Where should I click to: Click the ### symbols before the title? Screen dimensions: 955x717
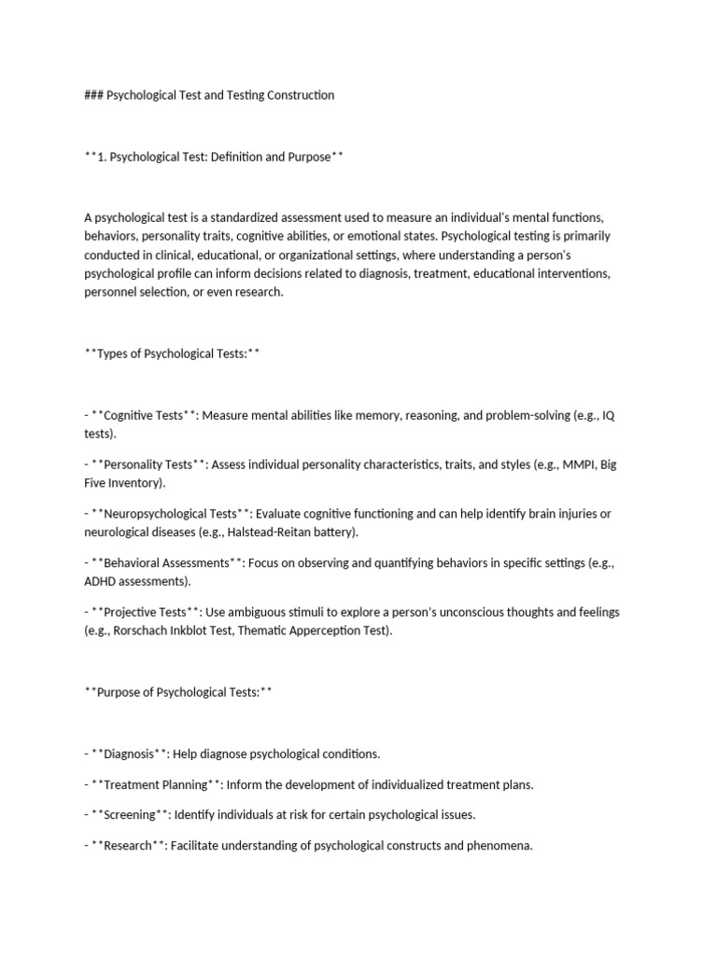[x=93, y=95]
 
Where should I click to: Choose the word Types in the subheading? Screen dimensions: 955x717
[x=112, y=354]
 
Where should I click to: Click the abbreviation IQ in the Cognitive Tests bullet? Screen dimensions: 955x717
[x=608, y=415]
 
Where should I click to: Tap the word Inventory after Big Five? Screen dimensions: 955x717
[x=135, y=483]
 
